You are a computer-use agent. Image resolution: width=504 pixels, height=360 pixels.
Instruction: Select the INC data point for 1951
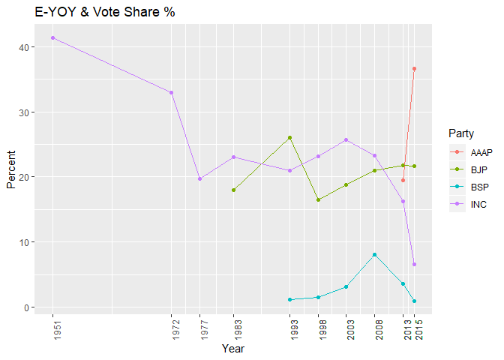coord(52,37)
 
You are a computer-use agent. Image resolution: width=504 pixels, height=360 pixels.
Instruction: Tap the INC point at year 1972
coord(172,92)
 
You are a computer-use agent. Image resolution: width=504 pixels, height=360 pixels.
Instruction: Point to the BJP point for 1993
coord(290,138)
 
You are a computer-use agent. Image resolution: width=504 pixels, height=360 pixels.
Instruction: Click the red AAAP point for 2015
coord(414,69)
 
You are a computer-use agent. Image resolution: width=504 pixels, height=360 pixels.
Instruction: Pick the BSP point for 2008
coord(374,255)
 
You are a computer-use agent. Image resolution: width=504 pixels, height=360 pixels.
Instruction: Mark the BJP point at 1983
coord(233,190)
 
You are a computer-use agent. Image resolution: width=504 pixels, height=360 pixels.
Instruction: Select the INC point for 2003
coord(346,139)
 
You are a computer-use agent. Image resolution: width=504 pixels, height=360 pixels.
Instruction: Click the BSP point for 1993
coord(290,300)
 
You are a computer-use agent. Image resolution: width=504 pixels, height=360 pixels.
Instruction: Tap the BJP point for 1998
coord(318,199)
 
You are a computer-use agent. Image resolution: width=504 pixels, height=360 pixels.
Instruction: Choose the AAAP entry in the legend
coord(473,152)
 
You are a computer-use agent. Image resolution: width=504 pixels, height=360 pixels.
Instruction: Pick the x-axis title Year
coord(233,349)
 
